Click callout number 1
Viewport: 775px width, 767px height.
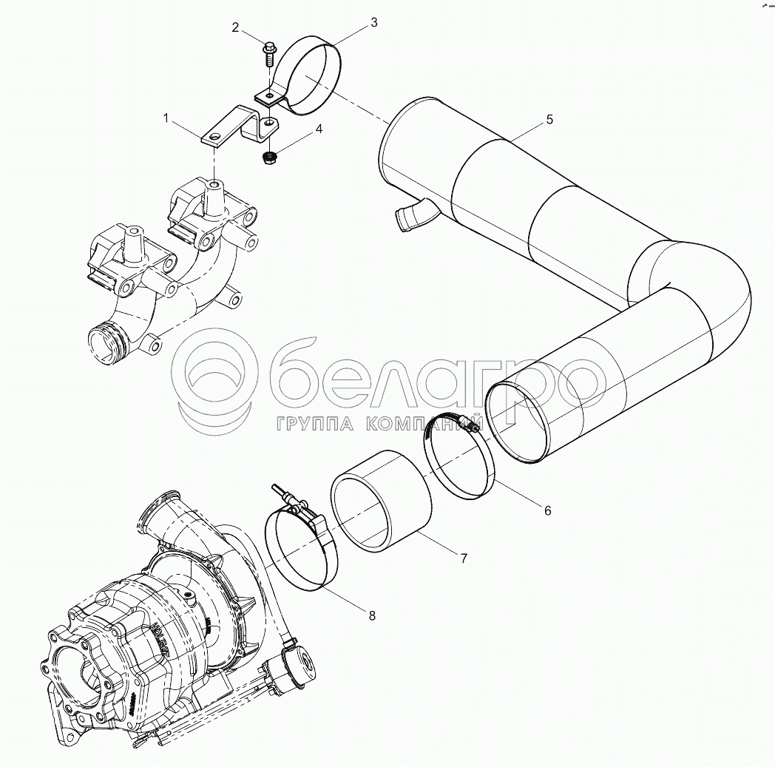tap(166, 118)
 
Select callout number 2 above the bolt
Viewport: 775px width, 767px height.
tap(235, 28)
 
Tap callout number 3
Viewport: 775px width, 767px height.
tap(373, 22)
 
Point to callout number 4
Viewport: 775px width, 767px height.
tap(319, 129)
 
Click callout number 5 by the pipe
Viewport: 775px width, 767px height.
tap(549, 119)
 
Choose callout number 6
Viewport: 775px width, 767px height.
tap(547, 510)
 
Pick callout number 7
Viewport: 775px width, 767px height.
tap(464, 558)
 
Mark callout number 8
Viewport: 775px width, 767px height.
tap(372, 615)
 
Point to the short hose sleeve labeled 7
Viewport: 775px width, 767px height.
tap(381, 502)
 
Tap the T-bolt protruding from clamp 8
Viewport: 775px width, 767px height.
tap(283, 492)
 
